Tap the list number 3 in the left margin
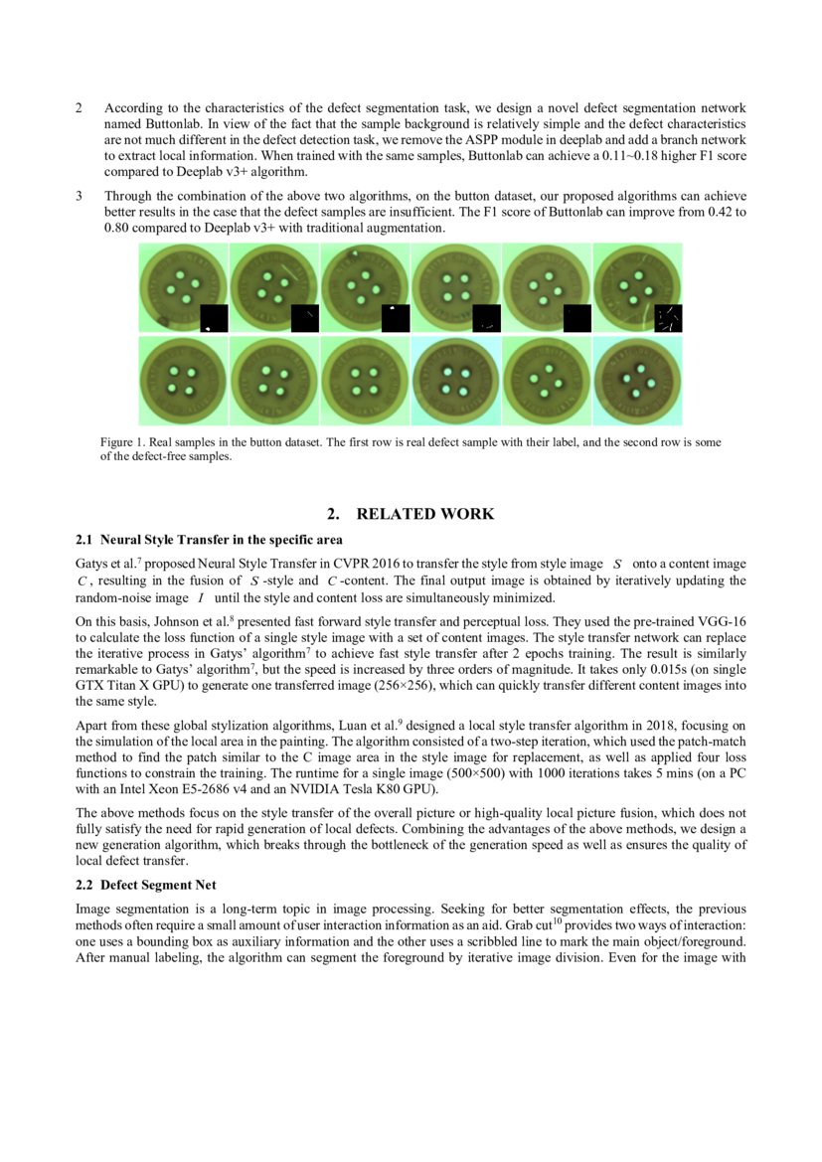tap(79, 197)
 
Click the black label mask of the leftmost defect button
tap(215, 319)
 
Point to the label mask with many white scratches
tap(669, 319)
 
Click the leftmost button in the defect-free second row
tap(182, 380)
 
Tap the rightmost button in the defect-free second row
tap(637, 381)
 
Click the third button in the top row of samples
tap(364, 287)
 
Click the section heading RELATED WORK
tap(424, 514)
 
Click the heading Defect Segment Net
tap(159, 885)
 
